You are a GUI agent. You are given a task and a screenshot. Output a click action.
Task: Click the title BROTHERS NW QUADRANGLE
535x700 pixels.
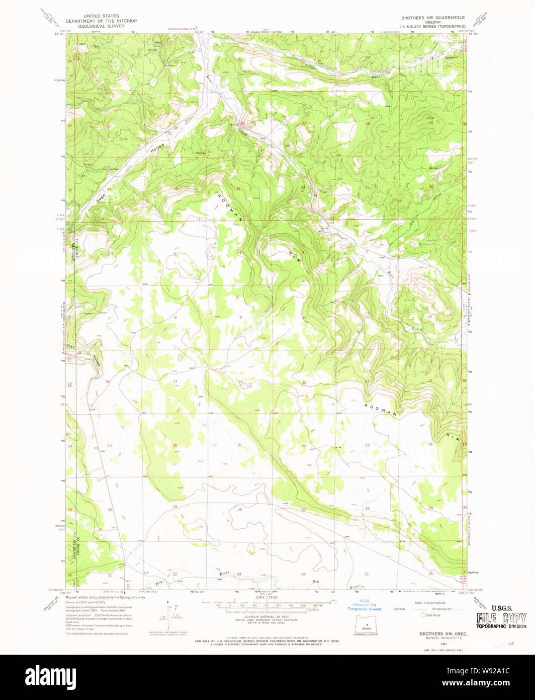[x=432, y=17]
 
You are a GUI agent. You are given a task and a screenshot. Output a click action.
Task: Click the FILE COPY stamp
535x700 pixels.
[x=502, y=618]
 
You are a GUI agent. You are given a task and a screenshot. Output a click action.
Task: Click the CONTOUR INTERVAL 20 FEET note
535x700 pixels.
[x=261, y=616]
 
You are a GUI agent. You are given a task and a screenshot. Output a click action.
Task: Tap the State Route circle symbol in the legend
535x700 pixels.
[x=424, y=615]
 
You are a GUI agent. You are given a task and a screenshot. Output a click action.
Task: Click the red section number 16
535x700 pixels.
[x=240, y=382]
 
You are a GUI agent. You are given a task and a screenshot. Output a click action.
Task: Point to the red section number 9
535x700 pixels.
[x=240, y=317]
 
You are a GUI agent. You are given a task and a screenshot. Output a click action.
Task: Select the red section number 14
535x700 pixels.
[x=368, y=382]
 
